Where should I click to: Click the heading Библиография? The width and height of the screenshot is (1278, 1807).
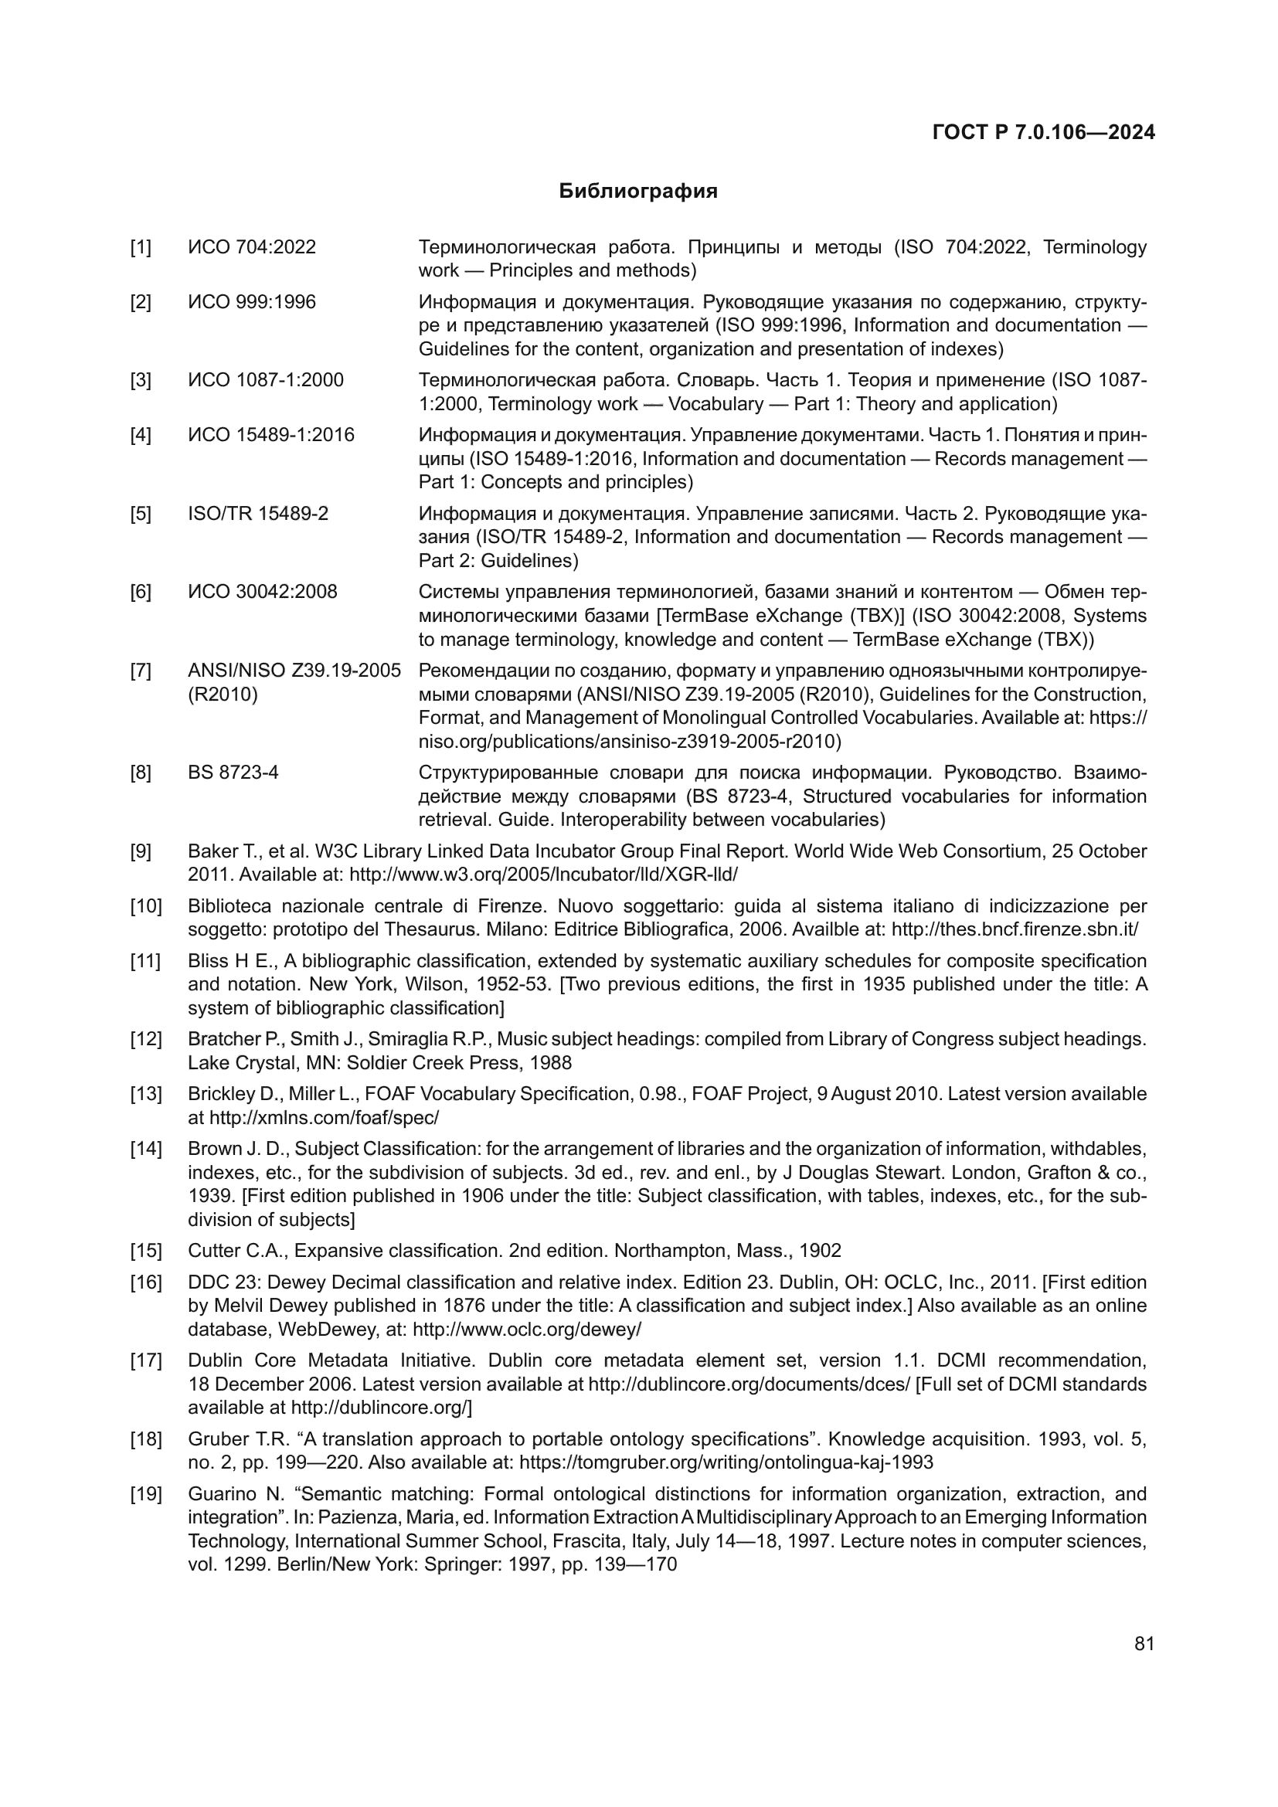click(638, 192)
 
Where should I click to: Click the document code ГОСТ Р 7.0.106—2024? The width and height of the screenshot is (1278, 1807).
click(1043, 132)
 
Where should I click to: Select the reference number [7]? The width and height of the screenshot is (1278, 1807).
click(141, 671)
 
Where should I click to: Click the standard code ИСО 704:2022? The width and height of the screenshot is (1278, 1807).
click(252, 247)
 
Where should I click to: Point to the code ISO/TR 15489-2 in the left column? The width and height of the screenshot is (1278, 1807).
click(258, 514)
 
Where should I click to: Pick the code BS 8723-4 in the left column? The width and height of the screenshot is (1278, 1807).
click(233, 773)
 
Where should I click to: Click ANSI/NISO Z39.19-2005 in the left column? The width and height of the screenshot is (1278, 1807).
click(294, 671)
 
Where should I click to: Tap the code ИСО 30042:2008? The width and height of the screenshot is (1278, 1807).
click(262, 592)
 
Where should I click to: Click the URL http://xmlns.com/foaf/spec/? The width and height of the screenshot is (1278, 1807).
click(324, 1118)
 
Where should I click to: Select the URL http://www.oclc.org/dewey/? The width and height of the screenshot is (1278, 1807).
click(526, 1330)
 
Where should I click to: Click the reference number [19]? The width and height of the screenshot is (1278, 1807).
click(145, 1494)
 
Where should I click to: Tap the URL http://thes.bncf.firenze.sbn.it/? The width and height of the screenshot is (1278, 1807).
click(1015, 929)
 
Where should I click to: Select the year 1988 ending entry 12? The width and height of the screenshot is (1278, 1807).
click(550, 1063)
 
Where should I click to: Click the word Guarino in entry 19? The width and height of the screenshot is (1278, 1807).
click(220, 1494)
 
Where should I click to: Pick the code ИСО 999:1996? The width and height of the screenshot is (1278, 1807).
click(252, 302)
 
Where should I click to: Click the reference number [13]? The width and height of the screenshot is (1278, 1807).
click(145, 1094)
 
